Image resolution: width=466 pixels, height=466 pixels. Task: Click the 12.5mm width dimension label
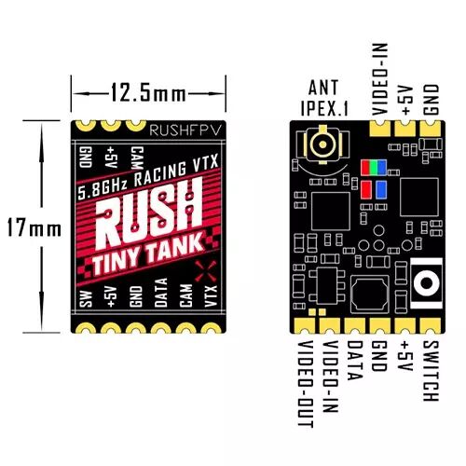click(148, 92)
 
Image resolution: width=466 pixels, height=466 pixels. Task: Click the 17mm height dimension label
click(34, 228)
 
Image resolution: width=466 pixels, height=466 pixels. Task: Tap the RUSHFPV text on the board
click(185, 130)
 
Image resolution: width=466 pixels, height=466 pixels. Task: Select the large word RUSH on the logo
click(148, 215)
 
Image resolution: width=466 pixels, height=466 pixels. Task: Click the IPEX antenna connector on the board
click(322, 144)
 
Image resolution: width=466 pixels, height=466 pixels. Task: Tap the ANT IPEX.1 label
click(324, 99)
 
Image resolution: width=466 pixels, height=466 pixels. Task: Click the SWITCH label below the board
click(431, 371)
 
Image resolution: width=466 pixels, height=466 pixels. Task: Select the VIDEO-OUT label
click(306, 384)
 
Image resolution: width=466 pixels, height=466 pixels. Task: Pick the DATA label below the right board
click(354, 361)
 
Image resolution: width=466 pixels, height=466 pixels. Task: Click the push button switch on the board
click(426, 282)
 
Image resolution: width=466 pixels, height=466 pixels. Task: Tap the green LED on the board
click(374, 167)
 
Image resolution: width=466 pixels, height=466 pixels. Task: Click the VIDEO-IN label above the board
click(380, 79)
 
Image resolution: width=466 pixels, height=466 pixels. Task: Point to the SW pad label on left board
click(86, 299)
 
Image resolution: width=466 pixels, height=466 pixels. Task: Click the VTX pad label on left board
click(211, 296)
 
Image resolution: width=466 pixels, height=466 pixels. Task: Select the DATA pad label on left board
click(160, 293)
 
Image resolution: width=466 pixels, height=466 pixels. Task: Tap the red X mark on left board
click(205, 271)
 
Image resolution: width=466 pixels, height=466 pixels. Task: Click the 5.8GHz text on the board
click(103, 189)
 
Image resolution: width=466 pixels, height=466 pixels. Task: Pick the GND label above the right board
click(431, 100)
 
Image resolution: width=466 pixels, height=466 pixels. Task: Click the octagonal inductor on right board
click(370, 295)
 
